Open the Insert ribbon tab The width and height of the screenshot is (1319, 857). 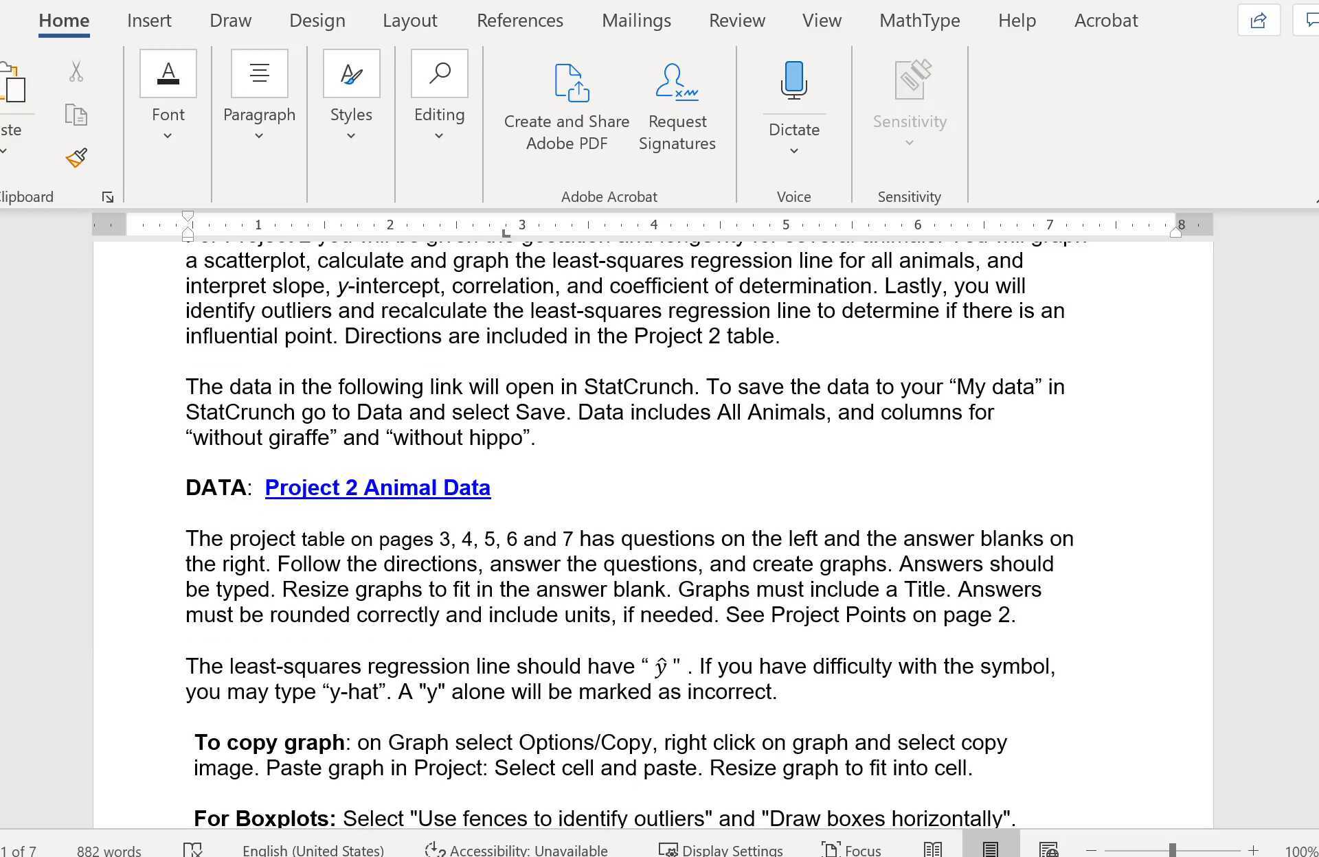click(149, 21)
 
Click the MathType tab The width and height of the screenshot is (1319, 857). click(919, 21)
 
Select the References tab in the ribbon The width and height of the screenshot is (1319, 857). click(519, 21)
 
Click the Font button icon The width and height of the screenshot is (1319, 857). click(168, 73)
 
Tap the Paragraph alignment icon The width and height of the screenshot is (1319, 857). click(259, 73)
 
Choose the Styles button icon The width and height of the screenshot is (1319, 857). click(351, 73)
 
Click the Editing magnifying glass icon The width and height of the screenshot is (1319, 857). click(439, 73)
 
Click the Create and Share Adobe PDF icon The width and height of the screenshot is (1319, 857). click(571, 83)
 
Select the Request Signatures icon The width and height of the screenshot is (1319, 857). click(677, 82)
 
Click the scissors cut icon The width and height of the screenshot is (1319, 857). click(76, 71)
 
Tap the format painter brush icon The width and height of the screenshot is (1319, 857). click(76, 158)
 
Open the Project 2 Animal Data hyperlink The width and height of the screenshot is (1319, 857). click(377, 488)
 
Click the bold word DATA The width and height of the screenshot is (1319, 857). click(216, 488)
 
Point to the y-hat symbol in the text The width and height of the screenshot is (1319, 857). click(661, 667)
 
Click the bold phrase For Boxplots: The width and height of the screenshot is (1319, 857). click(264, 819)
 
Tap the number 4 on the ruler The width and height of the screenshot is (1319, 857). click(653, 225)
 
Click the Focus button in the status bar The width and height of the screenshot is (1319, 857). click(851, 850)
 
